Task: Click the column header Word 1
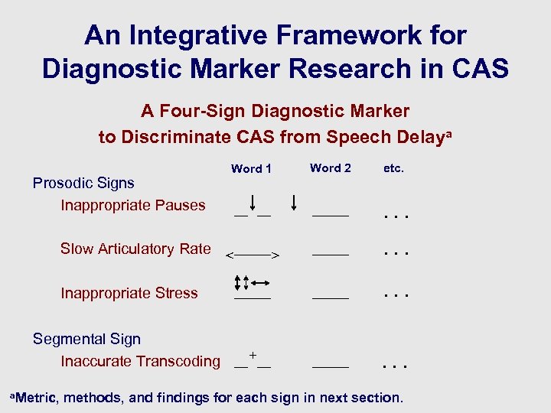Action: (x=251, y=168)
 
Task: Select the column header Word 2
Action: (x=331, y=167)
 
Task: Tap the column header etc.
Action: (x=393, y=167)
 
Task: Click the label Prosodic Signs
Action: (x=83, y=183)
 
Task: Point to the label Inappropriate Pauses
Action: (x=133, y=205)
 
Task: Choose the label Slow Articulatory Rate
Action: (x=135, y=249)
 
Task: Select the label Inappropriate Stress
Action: (x=129, y=293)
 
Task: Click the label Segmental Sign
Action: (x=86, y=339)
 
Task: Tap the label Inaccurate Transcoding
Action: (x=140, y=361)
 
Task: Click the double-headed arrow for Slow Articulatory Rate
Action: (x=253, y=254)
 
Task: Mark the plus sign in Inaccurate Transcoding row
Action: (x=253, y=356)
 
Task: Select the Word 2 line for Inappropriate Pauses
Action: (x=331, y=216)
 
